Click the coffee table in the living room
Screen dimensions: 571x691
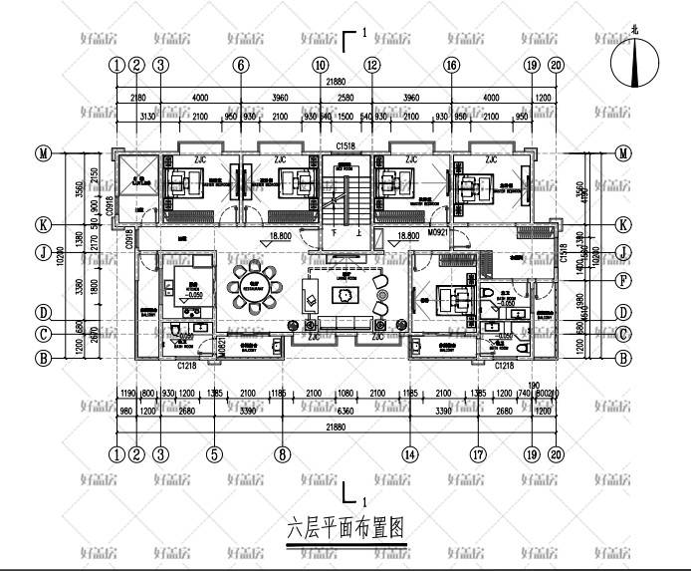(345, 296)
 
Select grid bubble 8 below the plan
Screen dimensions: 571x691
(283, 454)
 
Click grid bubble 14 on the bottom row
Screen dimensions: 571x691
(408, 454)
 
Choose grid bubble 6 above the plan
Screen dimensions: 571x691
(240, 65)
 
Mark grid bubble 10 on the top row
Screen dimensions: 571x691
(320, 65)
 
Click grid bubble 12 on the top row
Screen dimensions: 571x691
(371, 65)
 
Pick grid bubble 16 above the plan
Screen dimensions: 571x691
(451, 65)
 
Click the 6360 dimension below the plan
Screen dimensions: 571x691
(345, 409)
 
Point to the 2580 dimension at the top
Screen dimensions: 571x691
(345, 98)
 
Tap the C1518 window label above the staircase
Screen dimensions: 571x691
(345, 147)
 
